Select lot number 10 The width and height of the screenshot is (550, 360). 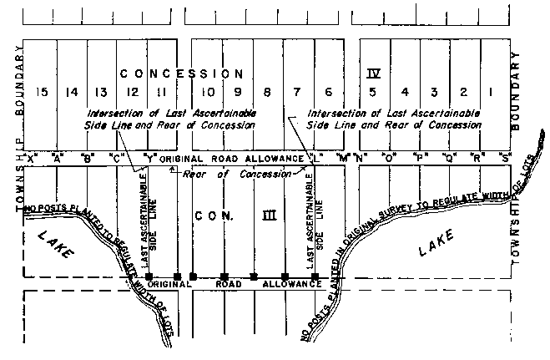pos(211,93)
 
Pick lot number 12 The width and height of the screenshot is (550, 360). pos(132,93)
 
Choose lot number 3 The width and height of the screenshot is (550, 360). pos(435,93)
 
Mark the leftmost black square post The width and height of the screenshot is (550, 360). pos(148,276)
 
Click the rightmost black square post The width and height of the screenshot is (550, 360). pos(315,276)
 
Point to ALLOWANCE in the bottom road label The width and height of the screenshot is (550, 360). pos(292,285)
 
